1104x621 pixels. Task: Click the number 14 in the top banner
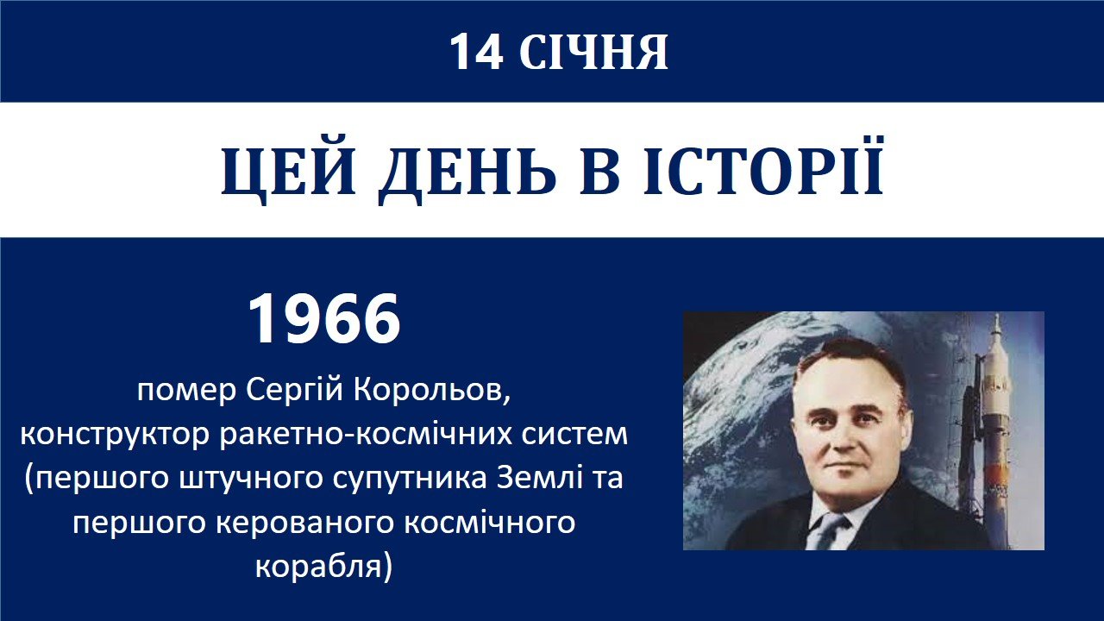tap(477, 53)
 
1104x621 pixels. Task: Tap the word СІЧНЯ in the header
tap(593, 53)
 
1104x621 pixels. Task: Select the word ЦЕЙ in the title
tap(288, 171)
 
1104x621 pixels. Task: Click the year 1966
tap(324, 319)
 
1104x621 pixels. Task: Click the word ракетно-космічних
tap(366, 433)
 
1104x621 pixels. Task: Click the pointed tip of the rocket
tap(996, 316)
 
